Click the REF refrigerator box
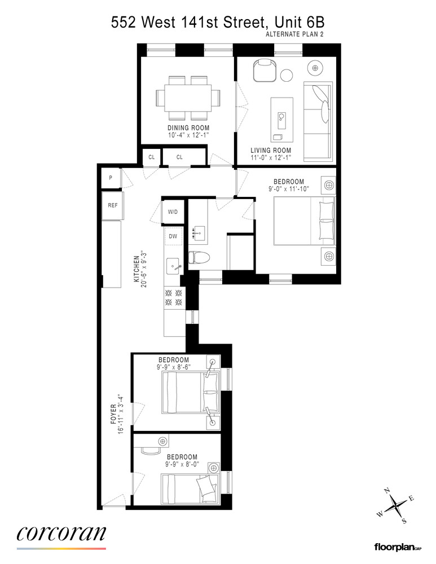tap(113, 205)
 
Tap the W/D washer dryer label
tap(173, 212)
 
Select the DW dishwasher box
tap(173, 236)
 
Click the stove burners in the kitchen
tap(173, 298)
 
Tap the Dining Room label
tap(188, 129)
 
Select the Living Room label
tap(271, 151)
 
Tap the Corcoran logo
tap(61, 533)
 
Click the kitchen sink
tap(173, 264)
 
